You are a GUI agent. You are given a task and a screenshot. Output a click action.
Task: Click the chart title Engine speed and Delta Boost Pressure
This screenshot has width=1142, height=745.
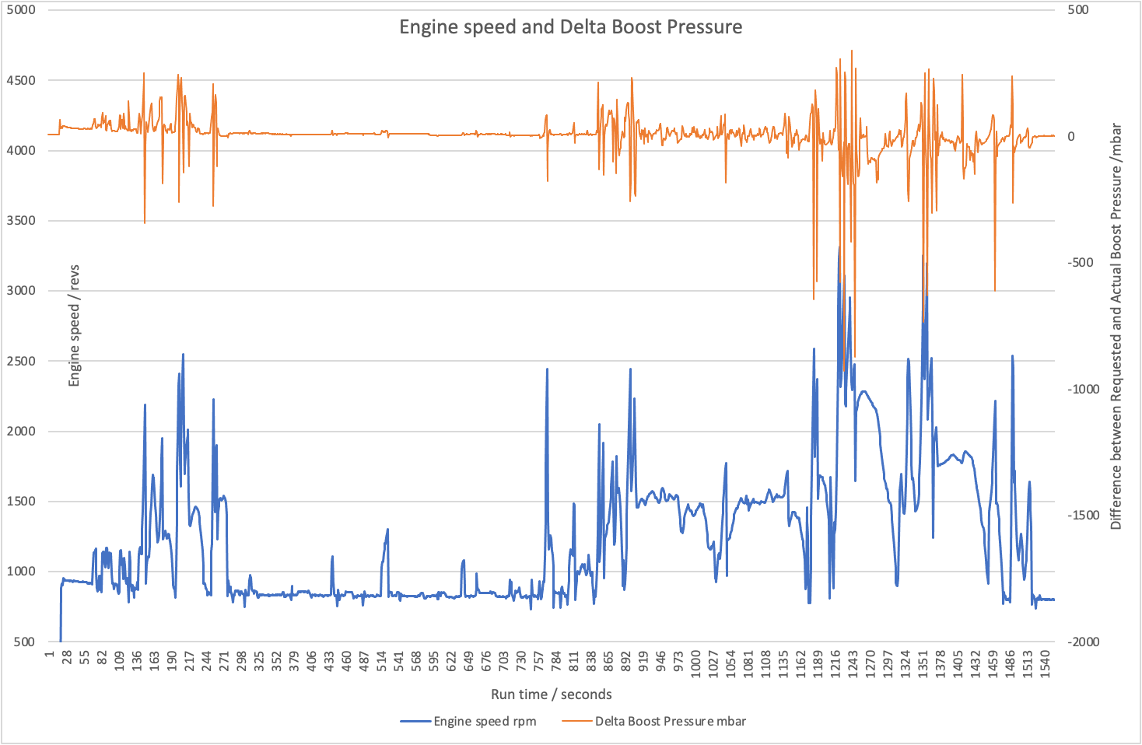pos(570,27)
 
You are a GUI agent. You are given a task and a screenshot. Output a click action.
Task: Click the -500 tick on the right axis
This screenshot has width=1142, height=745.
pos(1081,263)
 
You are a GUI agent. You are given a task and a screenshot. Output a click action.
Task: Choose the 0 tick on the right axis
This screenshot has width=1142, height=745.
pos(1071,137)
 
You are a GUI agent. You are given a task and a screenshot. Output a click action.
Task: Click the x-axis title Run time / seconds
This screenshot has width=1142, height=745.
pos(551,694)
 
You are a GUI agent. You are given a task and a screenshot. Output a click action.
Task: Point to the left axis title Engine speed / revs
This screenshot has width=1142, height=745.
pos(75,326)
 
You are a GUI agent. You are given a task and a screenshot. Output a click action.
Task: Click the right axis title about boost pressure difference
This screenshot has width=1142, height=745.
pos(1116,327)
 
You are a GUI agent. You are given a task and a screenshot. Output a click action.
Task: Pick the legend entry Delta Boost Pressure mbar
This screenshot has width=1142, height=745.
pos(670,721)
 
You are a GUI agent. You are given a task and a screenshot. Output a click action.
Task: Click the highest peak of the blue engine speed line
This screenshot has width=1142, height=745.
pos(839,247)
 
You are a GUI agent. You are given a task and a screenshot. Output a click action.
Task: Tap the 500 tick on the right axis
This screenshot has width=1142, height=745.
pos(1078,10)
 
